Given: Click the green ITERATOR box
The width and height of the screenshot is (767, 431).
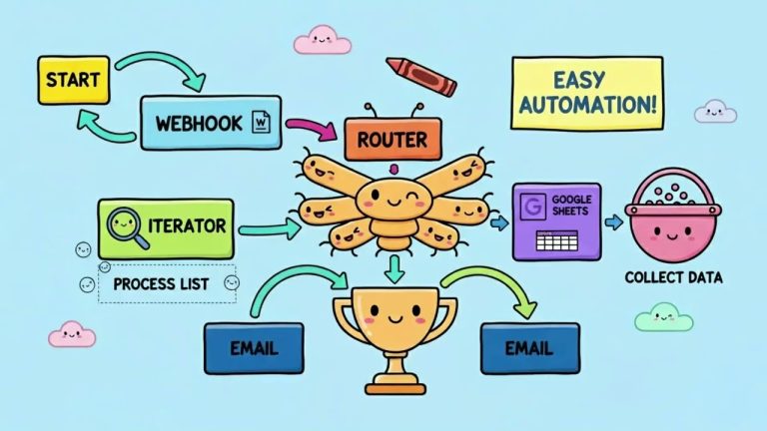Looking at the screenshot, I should point(166,226).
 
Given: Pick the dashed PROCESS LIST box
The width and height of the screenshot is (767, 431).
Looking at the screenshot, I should point(167,283).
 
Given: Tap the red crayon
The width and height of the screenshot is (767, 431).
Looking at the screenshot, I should point(420,76).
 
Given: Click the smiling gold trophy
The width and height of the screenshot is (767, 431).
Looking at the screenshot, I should point(393,324).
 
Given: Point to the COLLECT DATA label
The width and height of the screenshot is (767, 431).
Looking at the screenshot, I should point(672,276).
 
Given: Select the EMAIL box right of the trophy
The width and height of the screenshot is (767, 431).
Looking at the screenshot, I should point(530,349).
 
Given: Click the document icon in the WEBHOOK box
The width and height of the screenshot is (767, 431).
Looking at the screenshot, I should point(262,122).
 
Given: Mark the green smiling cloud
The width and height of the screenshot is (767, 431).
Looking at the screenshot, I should point(663,317).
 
